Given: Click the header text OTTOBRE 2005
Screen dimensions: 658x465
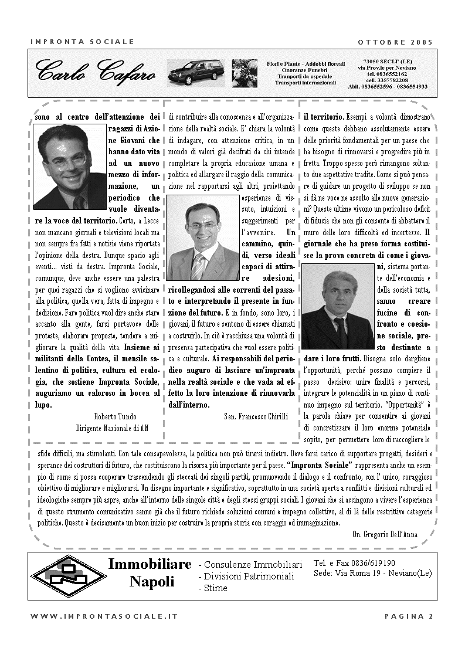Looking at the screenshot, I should click(x=395, y=42).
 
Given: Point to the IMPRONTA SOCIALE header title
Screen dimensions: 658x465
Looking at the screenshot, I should click(x=82, y=42).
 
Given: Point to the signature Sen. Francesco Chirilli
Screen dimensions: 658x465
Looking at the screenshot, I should click(x=256, y=416).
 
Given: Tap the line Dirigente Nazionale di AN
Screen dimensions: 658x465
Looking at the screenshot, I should click(x=112, y=428).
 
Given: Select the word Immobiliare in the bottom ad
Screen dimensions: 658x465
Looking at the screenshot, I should click(x=150, y=564).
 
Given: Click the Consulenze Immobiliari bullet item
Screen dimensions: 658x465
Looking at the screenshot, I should click(x=250, y=565).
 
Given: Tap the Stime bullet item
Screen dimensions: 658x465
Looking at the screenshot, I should click(x=213, y=588).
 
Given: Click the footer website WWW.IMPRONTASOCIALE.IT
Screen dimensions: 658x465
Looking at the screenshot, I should click(x=104, y=616).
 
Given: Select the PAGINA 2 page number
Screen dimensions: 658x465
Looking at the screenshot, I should click(x=409, y=616).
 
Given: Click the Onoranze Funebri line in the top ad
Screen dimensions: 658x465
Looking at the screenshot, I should click(x=305, y=70).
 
